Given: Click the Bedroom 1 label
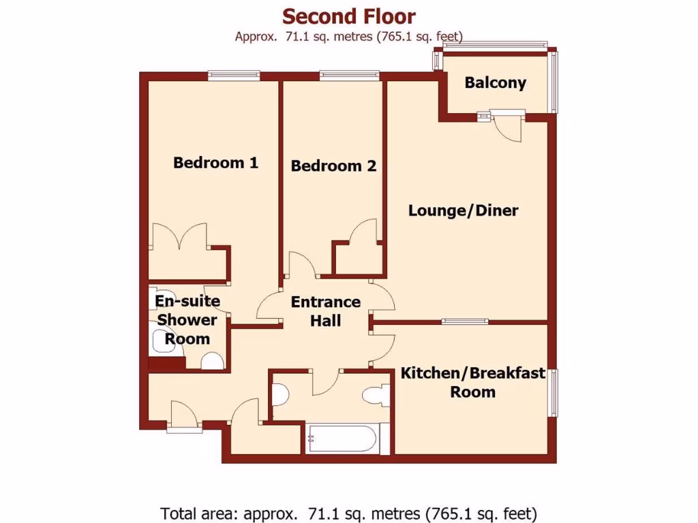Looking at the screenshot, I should [x=215, y=163].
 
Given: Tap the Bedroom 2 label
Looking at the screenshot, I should [x=333, y=165].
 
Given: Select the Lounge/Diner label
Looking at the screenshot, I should [x=463, y=210].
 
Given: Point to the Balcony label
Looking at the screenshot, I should [x=495, y=83].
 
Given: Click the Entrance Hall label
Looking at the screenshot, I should [x=325, y=311].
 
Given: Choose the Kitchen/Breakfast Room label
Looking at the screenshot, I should [x=472, y=382].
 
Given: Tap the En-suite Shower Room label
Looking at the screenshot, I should [x=187, y=319].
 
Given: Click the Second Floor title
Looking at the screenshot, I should [x=348, y=16].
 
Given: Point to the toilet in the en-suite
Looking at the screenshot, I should [x=213, y=361].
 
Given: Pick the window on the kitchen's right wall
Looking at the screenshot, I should [x=553, y=392].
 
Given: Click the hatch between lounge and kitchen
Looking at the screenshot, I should [x=464, y=321].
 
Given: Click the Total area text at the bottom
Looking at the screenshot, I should [x=348, y=512].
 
